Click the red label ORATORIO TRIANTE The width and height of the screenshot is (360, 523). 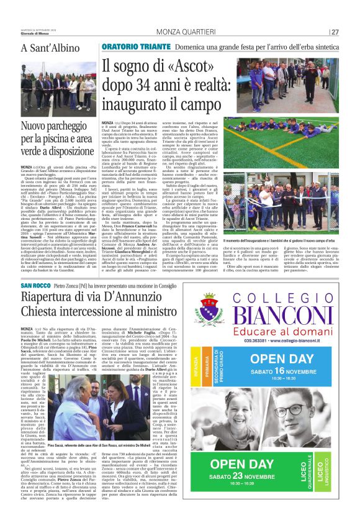(133, 47)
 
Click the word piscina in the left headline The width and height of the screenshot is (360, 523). (69, 140)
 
